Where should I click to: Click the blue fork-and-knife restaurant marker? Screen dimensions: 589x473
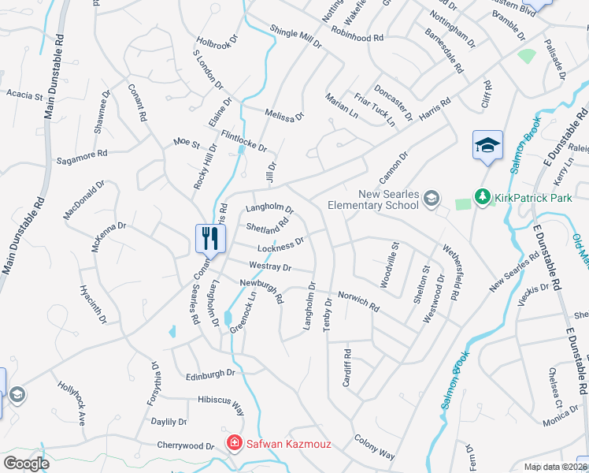[209, 238]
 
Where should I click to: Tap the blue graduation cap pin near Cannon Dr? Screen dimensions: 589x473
[487, 146]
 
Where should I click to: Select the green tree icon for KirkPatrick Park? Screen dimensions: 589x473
[480, 196]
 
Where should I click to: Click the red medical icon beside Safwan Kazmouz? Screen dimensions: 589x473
[234, 444]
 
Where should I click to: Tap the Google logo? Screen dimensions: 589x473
[25, 463]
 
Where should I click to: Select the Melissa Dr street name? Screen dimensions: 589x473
[284, 115]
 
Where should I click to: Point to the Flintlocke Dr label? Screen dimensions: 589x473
[244, 141]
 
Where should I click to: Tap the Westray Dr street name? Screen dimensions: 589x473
[269, 267]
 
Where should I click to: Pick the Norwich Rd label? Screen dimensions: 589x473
[358, 299]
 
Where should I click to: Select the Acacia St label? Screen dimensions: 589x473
[24, 95]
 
